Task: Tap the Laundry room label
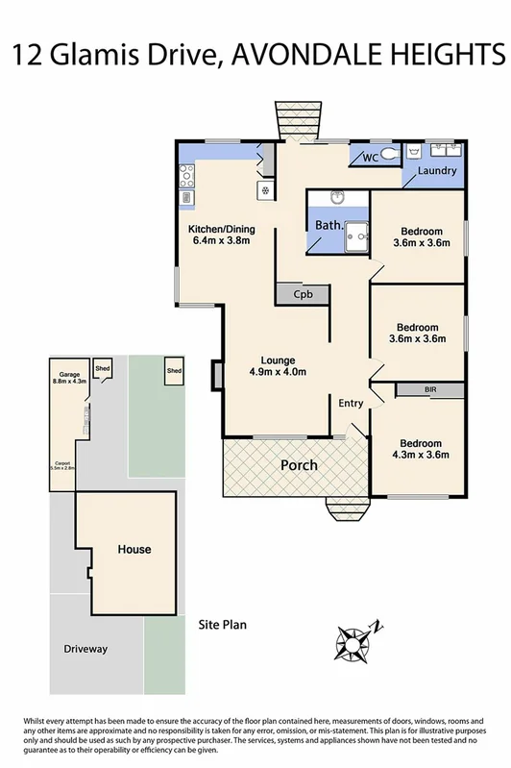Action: tap(436, 171)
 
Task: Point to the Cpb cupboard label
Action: tap(304, 294)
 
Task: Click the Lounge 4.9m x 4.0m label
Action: tap(278, 366)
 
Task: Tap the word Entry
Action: tap(351, 403)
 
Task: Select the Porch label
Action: tap(298, 465)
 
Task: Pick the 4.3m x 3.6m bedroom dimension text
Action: tap(422, 456)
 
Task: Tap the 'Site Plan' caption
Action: tap(222, 624)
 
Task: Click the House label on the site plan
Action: tap(134, 550)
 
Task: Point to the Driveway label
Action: tap(85, 649)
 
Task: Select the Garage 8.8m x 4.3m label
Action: tap(70, 378)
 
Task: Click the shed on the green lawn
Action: tap(174, 370)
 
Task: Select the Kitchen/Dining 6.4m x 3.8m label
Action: tap(221, 235)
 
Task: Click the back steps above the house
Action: tap(290, 123)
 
